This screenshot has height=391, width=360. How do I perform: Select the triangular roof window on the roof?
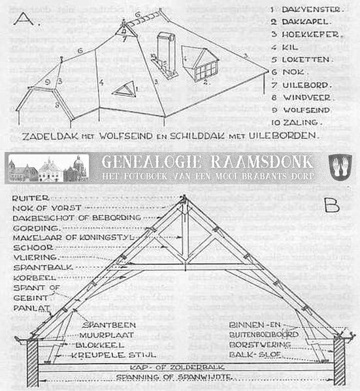(x=125, y=89)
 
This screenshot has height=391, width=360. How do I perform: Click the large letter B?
(x=331, y=207)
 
